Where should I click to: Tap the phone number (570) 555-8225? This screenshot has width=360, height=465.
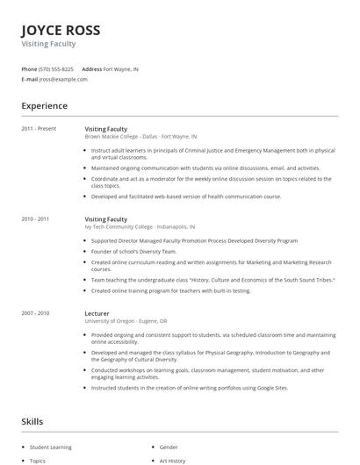[x=56, y=68]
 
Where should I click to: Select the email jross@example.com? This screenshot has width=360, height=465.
[x=63, y=79]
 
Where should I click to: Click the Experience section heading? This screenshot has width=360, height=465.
[x=44, y=106]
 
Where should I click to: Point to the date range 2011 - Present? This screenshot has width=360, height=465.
[x=39, y=129]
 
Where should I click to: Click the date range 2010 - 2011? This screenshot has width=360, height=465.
[x=35, y=219]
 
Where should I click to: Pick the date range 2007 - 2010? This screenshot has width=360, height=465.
[x=35, y=311]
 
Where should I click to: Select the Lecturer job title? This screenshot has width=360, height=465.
[x=97, y=311]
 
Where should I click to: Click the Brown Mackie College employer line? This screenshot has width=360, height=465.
[x=140, y=137]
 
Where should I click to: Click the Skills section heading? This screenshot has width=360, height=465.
[x=32, y=421]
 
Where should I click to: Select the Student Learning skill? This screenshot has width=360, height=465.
[x=50, y=447]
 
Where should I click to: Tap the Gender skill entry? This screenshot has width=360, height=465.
[x=169, y=447]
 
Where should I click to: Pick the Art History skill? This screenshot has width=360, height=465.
[x=173, y=460]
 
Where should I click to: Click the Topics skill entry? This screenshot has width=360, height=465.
[x=38, y=460]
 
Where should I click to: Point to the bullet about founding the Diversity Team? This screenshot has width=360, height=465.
[x=133, y=251]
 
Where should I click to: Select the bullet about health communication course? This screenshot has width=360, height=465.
[x=186, y=197]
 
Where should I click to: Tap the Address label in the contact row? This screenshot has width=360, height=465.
[x=91, y=68]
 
